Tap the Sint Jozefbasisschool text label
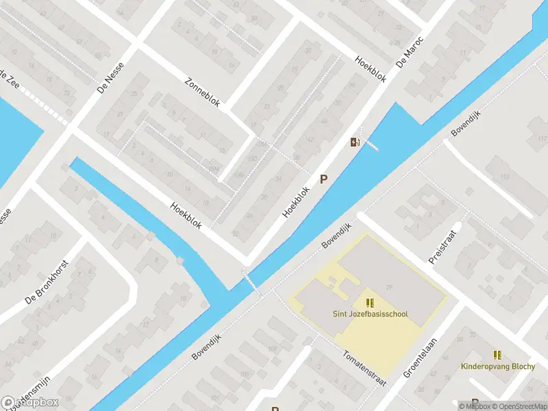370,314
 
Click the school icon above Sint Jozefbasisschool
370,302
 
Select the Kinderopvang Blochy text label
498,366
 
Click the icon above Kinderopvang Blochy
498,354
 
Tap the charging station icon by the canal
354,142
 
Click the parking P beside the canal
324,179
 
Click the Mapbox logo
30,403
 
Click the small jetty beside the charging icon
371,145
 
